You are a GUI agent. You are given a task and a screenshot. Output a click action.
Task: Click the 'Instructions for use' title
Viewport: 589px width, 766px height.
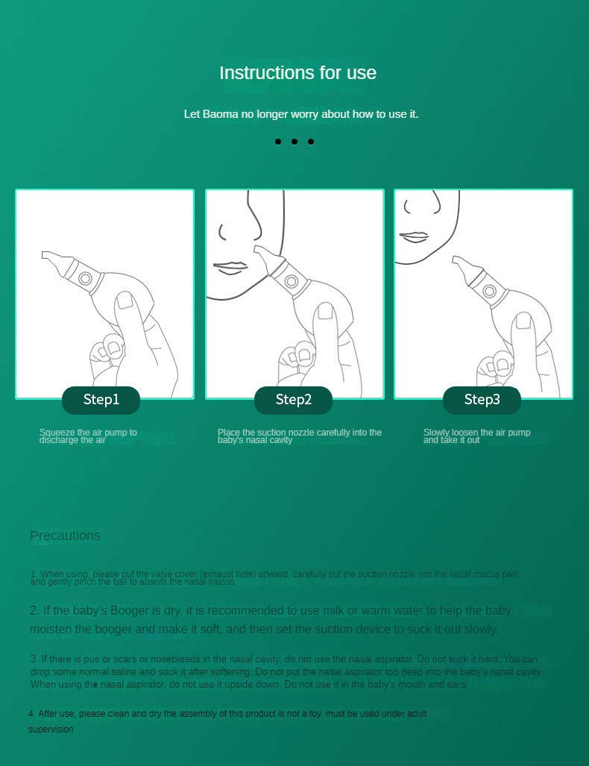[297, 73]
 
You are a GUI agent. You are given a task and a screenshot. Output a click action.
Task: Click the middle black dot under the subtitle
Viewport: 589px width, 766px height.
[294, 142]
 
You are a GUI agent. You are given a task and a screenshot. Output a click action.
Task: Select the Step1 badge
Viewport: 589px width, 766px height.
[101, 400]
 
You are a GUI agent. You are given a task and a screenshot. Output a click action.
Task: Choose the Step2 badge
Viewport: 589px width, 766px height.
[293, 400]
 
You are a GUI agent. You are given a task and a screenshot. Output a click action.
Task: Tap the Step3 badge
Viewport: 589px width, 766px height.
[482, 400]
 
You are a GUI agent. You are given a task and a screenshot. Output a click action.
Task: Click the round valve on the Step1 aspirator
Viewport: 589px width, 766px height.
[85, 278]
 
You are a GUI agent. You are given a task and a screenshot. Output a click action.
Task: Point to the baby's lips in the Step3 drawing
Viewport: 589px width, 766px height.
[413, 236]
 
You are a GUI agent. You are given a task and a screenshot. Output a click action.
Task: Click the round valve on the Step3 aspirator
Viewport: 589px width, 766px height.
[490, 290]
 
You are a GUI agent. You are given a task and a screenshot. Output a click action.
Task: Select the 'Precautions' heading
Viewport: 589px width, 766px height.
[65, 536]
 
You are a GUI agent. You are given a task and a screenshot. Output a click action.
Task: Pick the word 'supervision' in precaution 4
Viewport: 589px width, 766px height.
[51, 729]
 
